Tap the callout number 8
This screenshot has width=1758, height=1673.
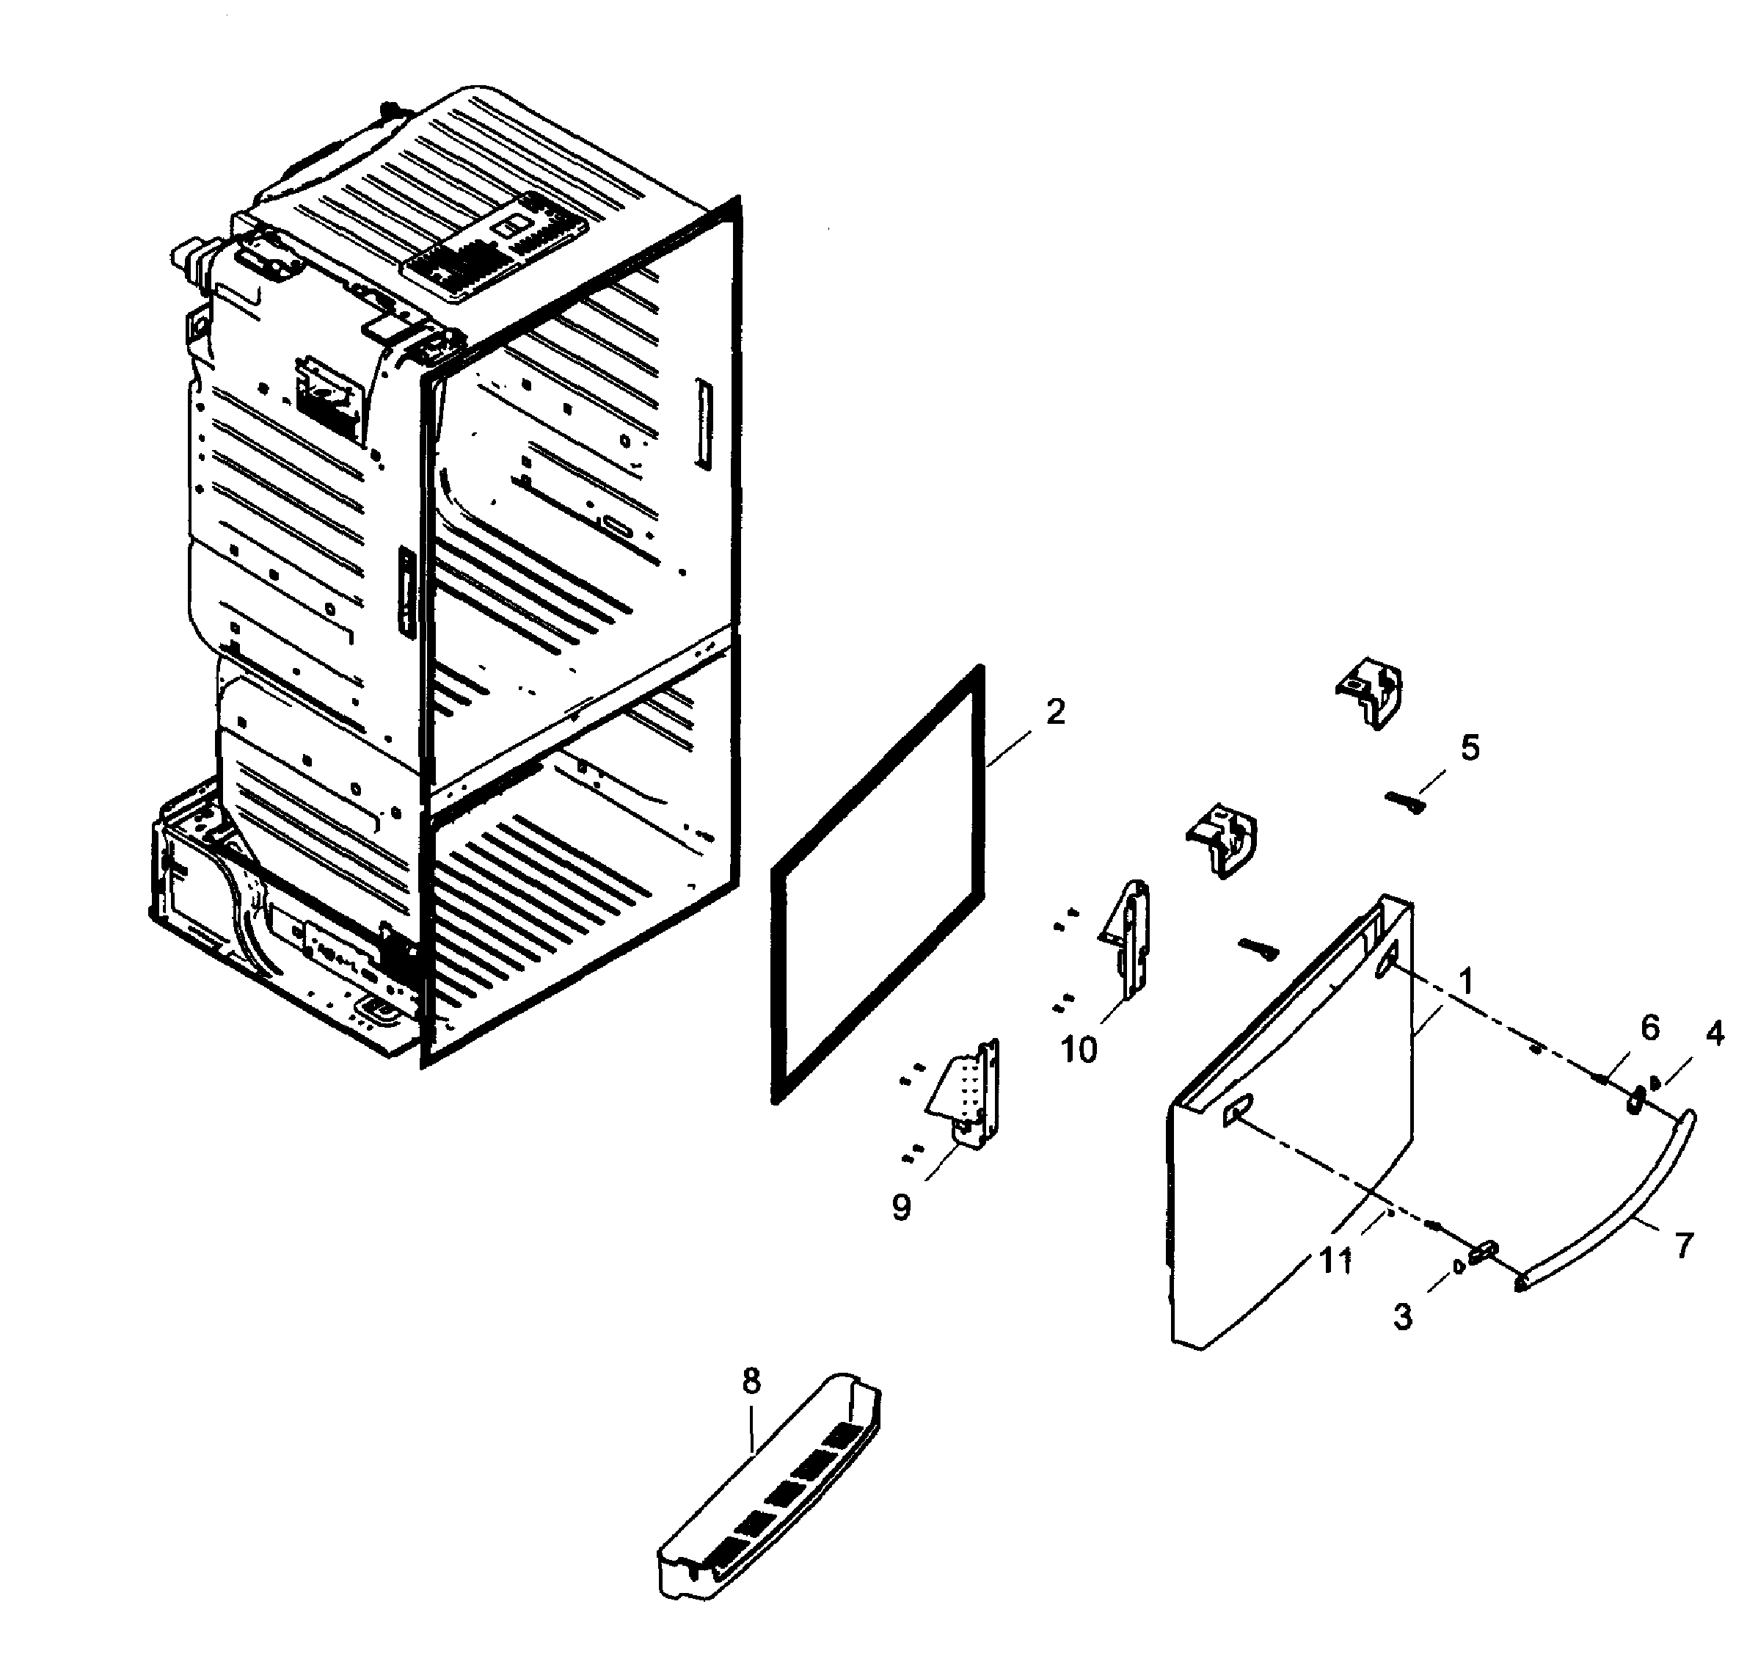pyautogui.click(x=751, y=1382)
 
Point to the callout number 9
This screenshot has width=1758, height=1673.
pyautogui.click(x=901, y=1208)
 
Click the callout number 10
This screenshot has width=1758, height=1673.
pyautogui.click(x=1078, y=1050)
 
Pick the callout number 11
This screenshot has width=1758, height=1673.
pyautogui.click(x=1335, y=1261)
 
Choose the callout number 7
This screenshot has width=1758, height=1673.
pyautogui.click(x=1683, y=1245)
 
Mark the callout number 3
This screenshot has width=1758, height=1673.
pyautogui.click(x=1403, y=1316)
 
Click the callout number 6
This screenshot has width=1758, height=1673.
pyautogui.click(x=1650, y=1028)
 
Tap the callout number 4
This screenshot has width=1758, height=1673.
pyautogui.click(x=1714, y=1034)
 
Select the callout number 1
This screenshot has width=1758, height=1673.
pyautogui.click(x=1465, y=982)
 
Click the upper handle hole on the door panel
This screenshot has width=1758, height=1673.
pyautogui.click(x=1389, y=964)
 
